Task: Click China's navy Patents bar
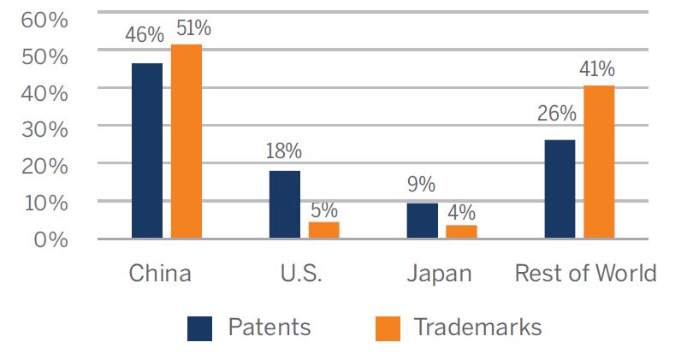(x=146, y=150)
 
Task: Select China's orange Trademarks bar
(x=186, y=141)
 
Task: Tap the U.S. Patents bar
(x=284, y=204)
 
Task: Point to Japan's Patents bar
(x=422, y=221)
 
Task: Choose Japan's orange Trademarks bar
(x=461, y=231)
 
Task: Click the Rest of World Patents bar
(x=560, y=189)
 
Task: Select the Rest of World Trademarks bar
(x=599, y=162)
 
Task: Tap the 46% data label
(x=145, y=36)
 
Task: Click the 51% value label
(x=192, y=28)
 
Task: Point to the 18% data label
(x=283, y=151)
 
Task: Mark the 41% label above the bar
(x=597, y=69)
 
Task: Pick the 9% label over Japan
(x=420, y=185)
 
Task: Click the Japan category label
(x=438, y=274)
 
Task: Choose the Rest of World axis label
(x=585, y=274)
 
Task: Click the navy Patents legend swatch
(x=199, y=328)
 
